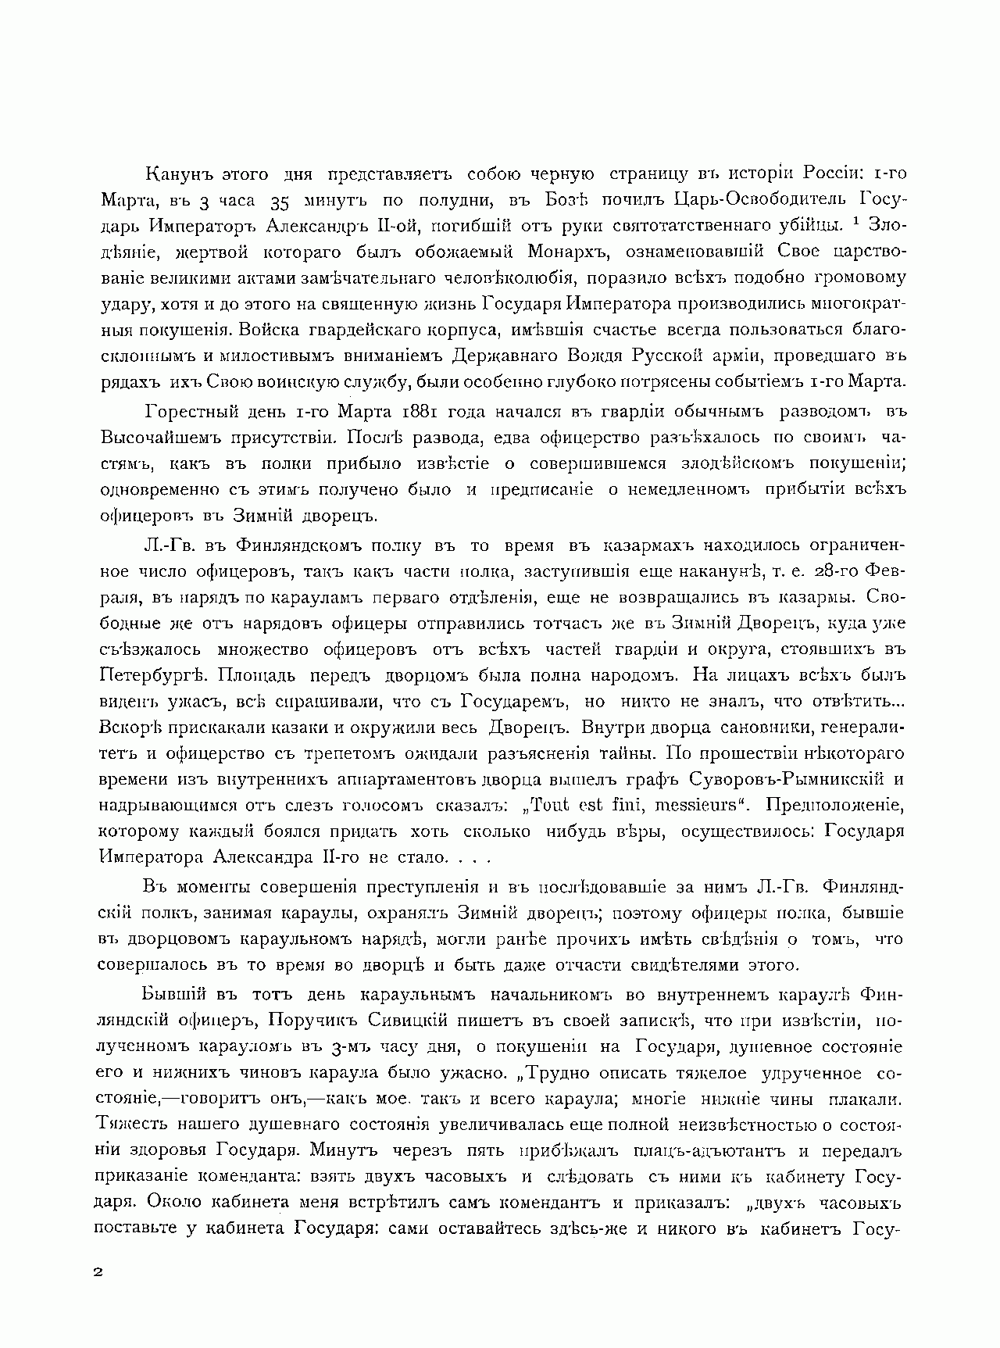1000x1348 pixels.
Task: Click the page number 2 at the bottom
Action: (x=98, y=1271)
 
